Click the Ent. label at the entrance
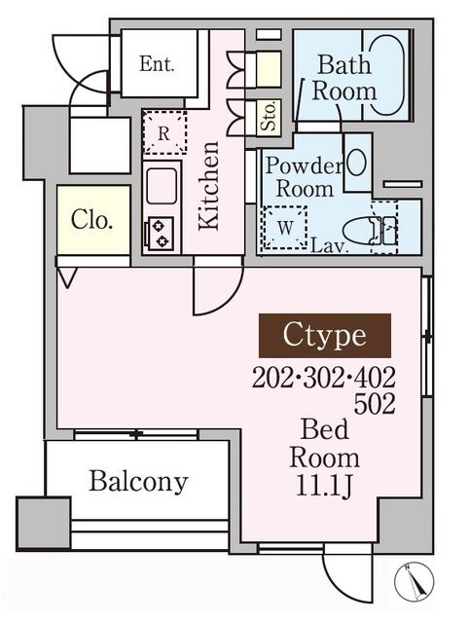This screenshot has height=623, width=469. pyautogui.click(x=157, y=64)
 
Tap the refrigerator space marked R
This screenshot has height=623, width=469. pyautogui.click(x=164, y=132)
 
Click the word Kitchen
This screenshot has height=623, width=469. pyautogui.click(x=209, y=186)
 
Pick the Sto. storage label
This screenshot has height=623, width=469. pyautogui.click(x=269, y=117)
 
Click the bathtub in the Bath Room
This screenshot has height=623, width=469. pyautogui.click(x=387, y=76)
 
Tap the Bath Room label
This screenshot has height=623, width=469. pyautogui.click(x=344, y=78)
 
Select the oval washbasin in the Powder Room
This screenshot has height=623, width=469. pyautogui.click(x=356, y=162)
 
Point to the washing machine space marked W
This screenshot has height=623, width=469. pyautogui.click(x=285, y=228)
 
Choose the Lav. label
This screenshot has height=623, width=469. pyautogui.click(x=330, y=246)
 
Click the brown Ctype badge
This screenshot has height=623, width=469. pyautogui.click(x=325, y=336)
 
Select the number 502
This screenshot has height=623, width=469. pyautogui.click(x=374, y=404)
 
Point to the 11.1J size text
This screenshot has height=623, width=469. pyautogui.click(x=324, y=486)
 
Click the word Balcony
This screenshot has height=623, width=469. pyautogui.click(x=138, y=482)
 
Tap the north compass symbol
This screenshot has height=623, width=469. pyautogui.click(x=415, y=581)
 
